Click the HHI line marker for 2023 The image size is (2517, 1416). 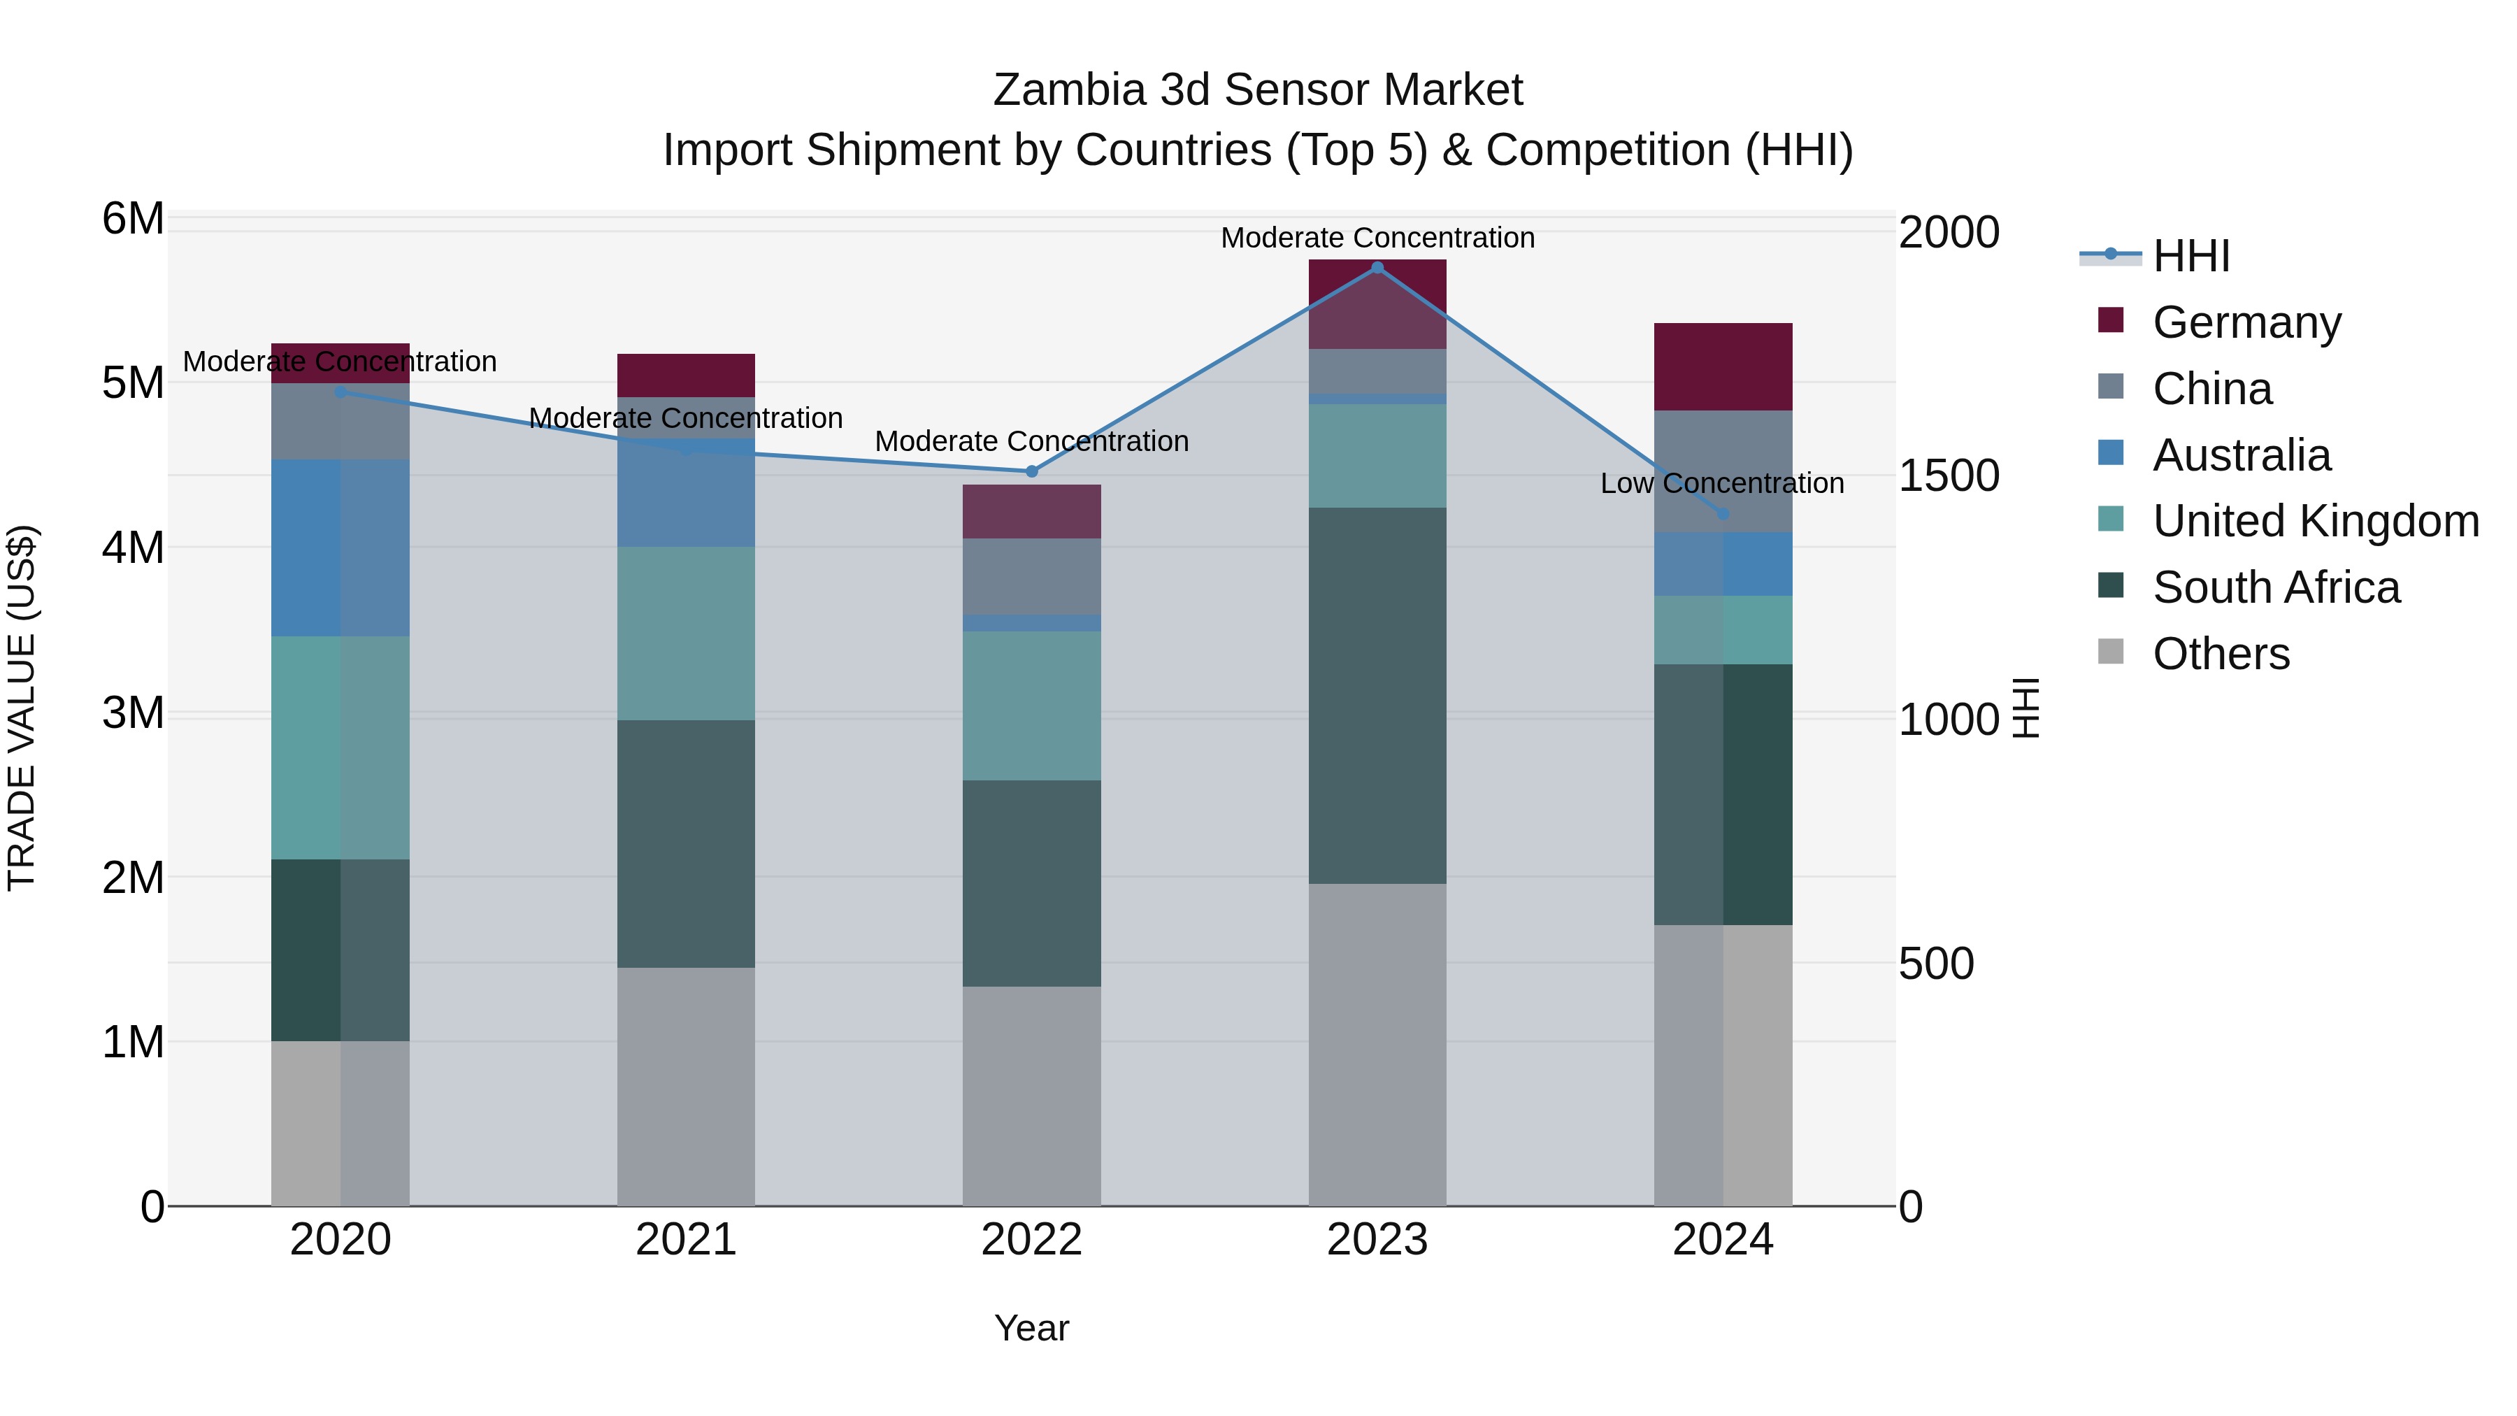click(x=1377, y=268)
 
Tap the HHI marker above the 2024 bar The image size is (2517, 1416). click(x=1723, y=514)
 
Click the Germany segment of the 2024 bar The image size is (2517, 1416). click(x=1723, y=366)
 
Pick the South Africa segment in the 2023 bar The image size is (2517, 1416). click(x=1377, y=696)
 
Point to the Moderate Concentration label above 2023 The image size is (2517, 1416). click(x=1377, y=238)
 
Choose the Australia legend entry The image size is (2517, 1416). click(x=2241, y=455)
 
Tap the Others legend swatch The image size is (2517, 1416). click(x=2111, y=652)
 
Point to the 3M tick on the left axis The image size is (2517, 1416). click(x=133, y=713)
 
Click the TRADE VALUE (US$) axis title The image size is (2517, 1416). click(x=22, y=708)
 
